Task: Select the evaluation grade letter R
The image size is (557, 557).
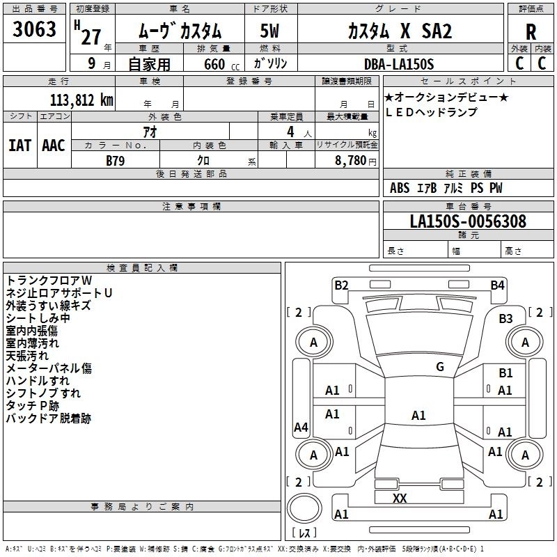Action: [x=531, y=32]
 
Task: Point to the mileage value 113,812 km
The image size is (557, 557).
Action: [x=81, y=100]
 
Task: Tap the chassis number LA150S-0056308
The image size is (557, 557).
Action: [x=468, y=222]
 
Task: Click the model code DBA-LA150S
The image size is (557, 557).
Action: [x=398, y=64]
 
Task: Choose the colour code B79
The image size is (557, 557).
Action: [x=116, y=160]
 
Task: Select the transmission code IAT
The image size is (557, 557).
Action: [x=19, y=146]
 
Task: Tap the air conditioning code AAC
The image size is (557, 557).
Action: [x=53, y=146]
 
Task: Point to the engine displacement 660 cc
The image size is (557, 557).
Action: [x=212, y=64]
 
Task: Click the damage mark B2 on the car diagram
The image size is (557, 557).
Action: [x=341, y=285]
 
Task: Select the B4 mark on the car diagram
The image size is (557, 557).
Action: [x=497, y=285]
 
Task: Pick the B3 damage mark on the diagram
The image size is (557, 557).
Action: [x=505, y=319]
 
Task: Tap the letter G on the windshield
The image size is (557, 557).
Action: [x=440, y=367]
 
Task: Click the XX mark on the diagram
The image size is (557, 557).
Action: [x=400, y=499]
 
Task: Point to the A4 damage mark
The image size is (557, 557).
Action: [x=301, y=427]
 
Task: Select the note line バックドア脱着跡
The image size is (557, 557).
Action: [x=48, y=418]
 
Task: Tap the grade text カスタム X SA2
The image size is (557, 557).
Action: [x=400, y=31]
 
